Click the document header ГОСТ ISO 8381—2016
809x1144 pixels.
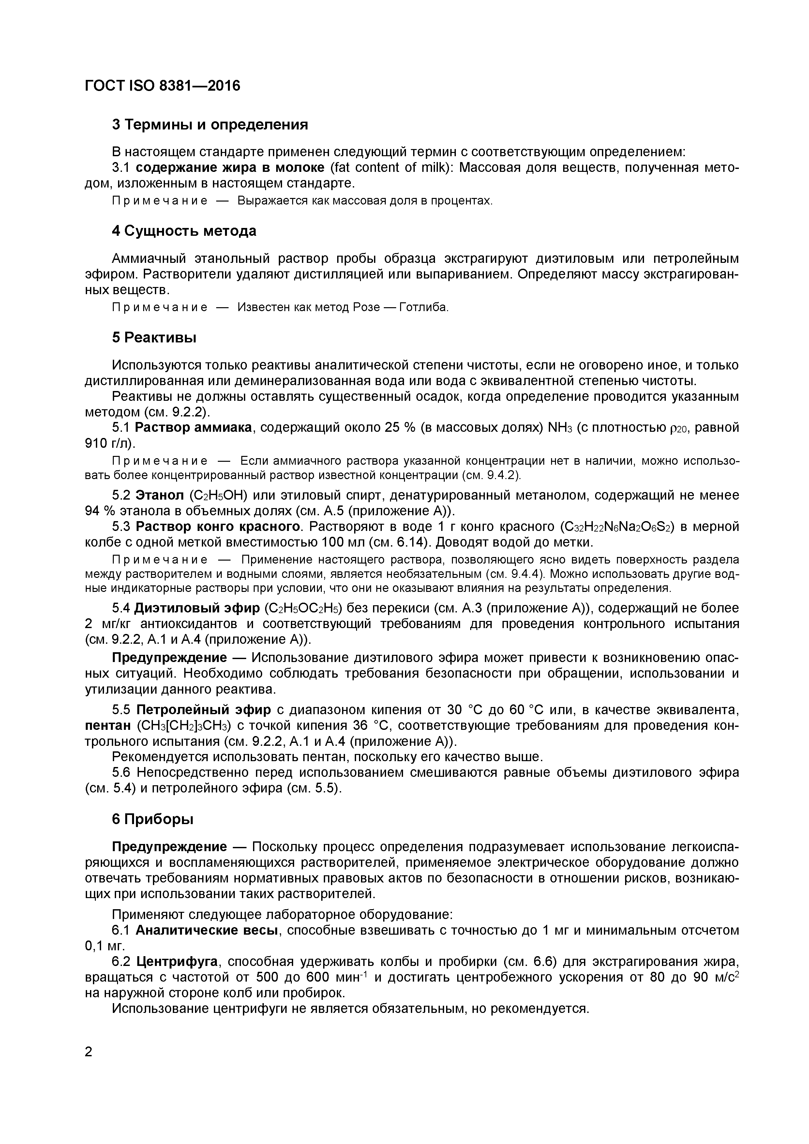(162, 86)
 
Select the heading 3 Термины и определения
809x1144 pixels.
(210, 125)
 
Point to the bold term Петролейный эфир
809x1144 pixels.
(204, 710)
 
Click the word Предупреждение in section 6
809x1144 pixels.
(169, 847)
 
